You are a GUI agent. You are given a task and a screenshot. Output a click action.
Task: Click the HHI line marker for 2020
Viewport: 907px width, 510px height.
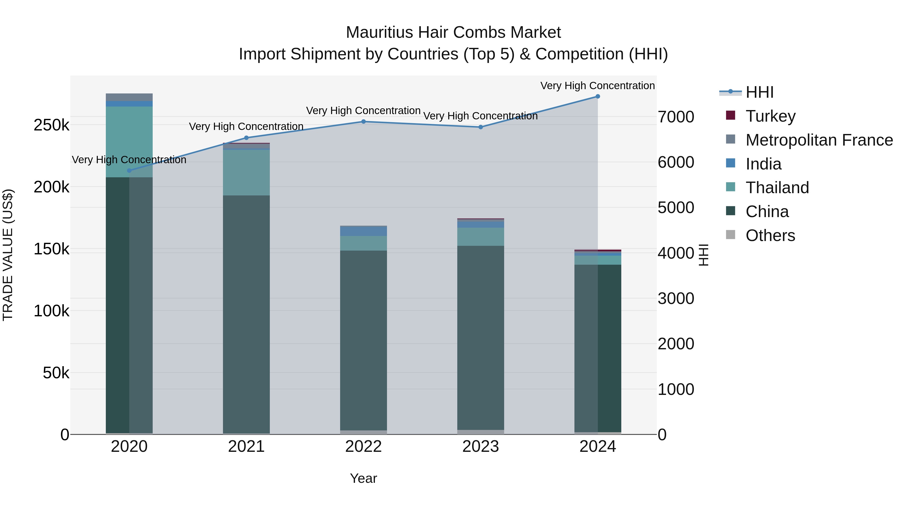tap(129, 171)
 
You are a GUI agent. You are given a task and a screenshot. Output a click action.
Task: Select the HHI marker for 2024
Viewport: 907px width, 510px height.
tap(598, 96)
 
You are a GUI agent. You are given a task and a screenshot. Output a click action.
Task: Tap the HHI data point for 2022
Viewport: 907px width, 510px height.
tap(363, 122)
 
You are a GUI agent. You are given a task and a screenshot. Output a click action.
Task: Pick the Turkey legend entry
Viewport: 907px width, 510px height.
tap(770, 116)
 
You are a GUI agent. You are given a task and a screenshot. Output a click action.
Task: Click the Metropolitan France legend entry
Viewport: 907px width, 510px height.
tap(819, 140)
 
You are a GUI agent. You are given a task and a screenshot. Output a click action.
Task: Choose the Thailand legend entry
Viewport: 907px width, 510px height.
tap(777, 188)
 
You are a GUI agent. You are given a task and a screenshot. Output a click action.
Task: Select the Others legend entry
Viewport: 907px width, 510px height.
tap(770, 235)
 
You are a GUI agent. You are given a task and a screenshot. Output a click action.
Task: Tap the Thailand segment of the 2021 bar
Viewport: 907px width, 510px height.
tap(246, 173)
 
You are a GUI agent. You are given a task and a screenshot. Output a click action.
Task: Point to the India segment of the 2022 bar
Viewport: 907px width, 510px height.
tap(363, 231)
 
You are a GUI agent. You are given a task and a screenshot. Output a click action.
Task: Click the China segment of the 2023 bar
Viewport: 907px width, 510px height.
tap(481, 338)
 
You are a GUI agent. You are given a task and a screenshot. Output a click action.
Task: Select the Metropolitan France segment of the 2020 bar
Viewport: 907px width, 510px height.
tap(129, 97)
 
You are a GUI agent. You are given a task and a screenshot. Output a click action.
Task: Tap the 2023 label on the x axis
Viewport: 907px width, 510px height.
tap(481, 447)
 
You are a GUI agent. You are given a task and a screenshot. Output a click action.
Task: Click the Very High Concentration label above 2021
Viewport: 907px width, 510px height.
tap(246, 126)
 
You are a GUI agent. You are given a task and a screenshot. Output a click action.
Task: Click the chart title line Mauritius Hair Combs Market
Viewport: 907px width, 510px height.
tap(453, 32)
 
